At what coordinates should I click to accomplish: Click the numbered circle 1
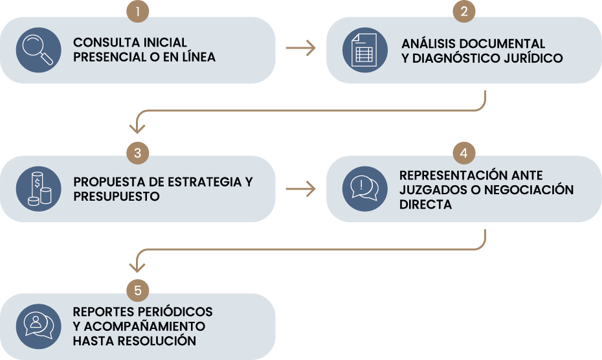138,11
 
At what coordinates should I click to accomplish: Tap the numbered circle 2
464,11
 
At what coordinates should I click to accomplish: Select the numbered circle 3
138,153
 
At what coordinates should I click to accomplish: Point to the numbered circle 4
464,153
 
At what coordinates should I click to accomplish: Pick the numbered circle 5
138,289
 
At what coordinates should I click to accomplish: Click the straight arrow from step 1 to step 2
300,49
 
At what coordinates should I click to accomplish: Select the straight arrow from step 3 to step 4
300,188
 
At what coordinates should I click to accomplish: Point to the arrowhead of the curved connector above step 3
138,128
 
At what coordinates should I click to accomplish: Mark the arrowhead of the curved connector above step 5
138,266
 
